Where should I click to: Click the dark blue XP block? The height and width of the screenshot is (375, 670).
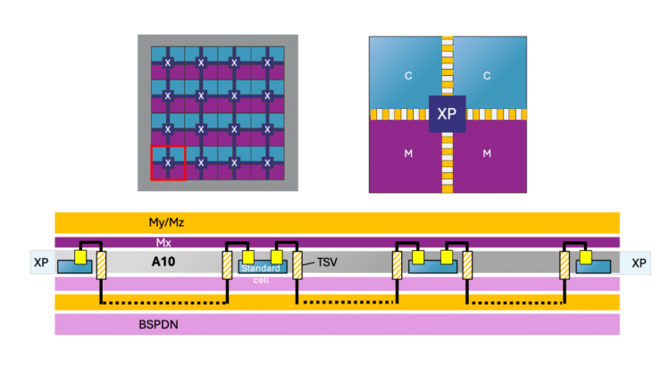[447, 113]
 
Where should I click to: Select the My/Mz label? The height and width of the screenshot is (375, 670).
[167, 222]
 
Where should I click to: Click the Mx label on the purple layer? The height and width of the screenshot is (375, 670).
[163, 243]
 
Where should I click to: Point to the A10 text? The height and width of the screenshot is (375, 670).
[163, 262]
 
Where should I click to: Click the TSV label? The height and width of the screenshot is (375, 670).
[327, 262]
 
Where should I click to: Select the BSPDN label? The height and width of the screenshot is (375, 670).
[158, 325]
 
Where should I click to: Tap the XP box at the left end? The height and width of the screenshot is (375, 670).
[41, 262]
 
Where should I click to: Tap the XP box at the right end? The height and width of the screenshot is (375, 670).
[639, 262]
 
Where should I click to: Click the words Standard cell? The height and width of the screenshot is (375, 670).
[261, 274]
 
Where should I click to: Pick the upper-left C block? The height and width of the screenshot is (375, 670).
[405, 72]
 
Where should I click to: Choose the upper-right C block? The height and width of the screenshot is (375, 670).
[490, 72]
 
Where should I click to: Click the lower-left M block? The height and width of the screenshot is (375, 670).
[405, 156]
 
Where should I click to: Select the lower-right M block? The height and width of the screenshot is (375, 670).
[490, 156]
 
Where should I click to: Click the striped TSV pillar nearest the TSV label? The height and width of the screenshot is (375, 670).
[297, 265]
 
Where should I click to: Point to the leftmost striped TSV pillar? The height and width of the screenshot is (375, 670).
[101, 265]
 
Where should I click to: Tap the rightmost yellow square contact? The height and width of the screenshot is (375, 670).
[585, 257]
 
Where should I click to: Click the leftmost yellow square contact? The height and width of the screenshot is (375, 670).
[80, 257]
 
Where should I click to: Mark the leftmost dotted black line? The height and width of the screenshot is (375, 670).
[164, 303]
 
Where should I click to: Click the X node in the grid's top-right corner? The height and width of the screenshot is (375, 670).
[267, 62]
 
